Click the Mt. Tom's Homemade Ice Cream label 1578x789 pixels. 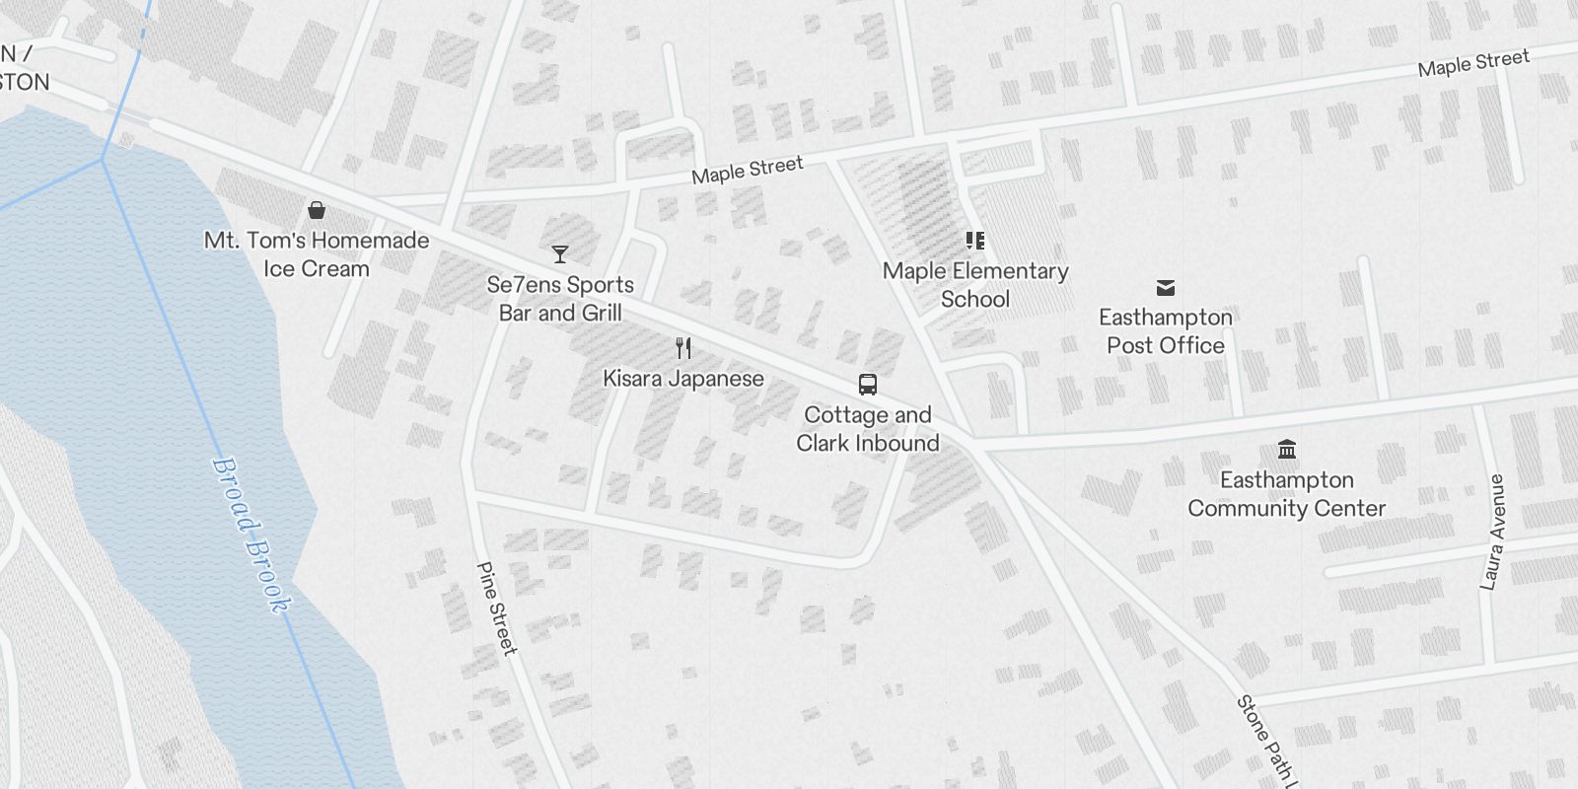(x=317, y=254)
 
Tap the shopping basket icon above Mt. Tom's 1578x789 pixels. (x=317, y=210)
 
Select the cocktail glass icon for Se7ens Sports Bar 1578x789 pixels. (x=560, y=254)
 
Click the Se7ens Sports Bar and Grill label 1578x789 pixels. (x=560, y=299)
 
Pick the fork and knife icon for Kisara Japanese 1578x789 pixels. (x=683, y=347)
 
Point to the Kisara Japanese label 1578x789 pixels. (x=683, y=379)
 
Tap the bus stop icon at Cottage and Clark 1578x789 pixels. (x=868, y=384)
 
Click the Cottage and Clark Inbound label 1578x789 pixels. (x=868, y=429)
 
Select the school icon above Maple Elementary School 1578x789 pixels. (x=975, y=240)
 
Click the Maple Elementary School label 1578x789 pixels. (x=975, y=285)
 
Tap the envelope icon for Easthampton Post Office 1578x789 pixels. (x=1166, y=287)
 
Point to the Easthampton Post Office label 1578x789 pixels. (x=1166, y=331)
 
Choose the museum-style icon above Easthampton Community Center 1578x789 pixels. (x=1287, y=450)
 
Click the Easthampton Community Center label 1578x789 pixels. (x=1287, y=494)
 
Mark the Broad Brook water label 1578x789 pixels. (x=252, y=536)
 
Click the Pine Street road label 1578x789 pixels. (x=496, y=608)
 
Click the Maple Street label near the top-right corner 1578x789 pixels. (x=1473, y=63)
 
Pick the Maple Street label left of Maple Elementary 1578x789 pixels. (x=748, y=170)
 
